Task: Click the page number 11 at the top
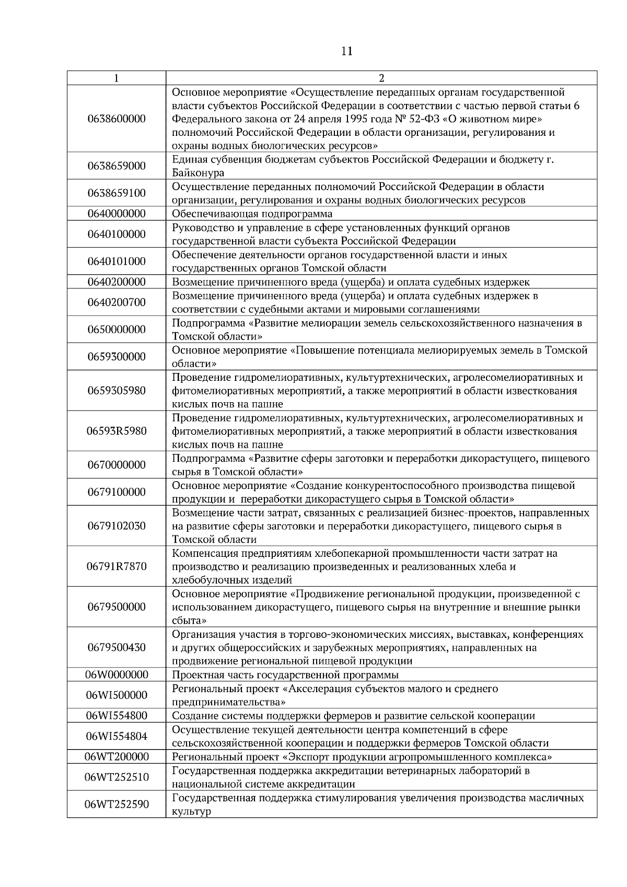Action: (x=346, y=51)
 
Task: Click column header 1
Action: (x=116, y=78)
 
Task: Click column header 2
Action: (x=381, y=78)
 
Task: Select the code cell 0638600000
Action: (x=117, y=119)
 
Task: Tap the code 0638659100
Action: (x=117, y=193)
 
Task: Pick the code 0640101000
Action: (x=117, y=261)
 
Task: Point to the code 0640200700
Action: (x=117, y=302)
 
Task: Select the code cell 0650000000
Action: (x=117, y=330)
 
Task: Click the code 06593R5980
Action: (x=117, y=431)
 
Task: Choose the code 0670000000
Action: (x=117, y=465)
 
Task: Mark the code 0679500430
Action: (x=117, y=648)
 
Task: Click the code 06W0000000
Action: (x=117, y=675)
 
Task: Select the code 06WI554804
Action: (x=117, y=737)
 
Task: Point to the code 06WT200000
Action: (x=117, y=757)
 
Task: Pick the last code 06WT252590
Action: (x=117, y=804)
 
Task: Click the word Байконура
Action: (x=198, y=173)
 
